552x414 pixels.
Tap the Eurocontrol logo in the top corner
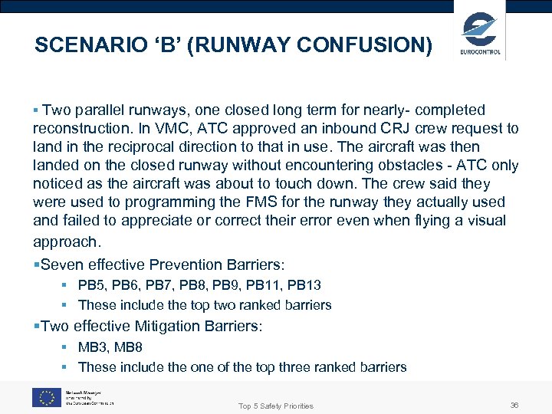tap(481, 34)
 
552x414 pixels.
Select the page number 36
tap(514, 404)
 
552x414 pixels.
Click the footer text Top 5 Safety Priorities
tap(276, 406)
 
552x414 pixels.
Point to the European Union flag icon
tap(46, 397)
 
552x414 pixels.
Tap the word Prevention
tap(186, 265)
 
